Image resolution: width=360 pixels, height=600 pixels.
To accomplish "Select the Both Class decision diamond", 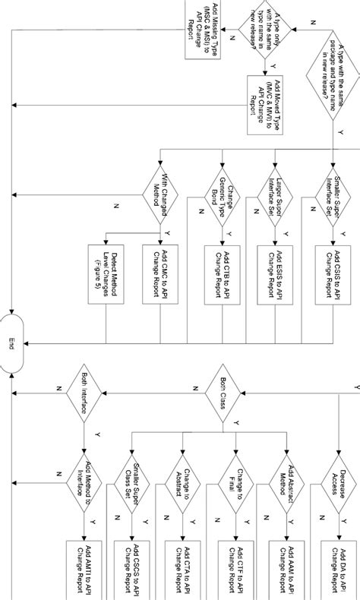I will [221, 393].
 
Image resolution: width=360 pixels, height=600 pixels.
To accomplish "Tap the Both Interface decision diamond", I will [83, 393].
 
